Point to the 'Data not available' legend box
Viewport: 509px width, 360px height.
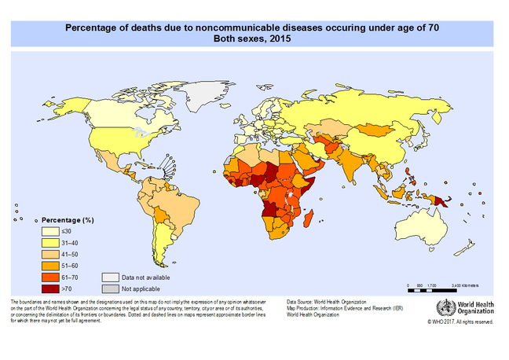click(x=110, y=277)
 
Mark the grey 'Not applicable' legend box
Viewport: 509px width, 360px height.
click(x=110, y=288)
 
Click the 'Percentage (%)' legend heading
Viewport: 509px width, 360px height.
click(x=68, y=220)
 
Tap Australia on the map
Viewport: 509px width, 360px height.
click(x=437, y=227)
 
